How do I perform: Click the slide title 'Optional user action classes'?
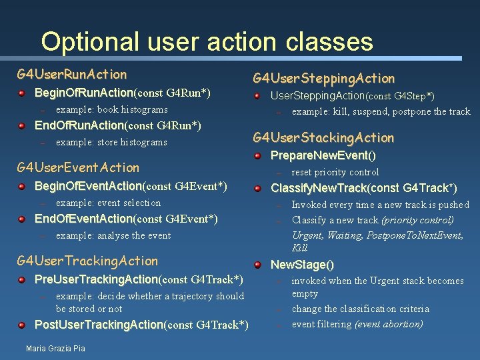pos(207,41)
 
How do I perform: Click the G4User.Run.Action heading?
pos(72,73)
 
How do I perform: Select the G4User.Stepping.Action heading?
pos(323,78)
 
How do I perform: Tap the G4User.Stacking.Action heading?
pos(323,138)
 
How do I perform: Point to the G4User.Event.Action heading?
pos(78,167)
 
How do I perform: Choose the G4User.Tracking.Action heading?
pos(87,261)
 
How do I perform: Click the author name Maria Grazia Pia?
pos(55,348)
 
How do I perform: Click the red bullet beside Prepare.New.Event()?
pos(257,156)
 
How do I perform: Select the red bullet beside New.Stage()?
pos(257,265)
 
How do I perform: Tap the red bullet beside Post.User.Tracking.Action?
pos(22,325)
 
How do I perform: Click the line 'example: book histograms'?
pos(111,109)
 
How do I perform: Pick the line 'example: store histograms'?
pos(111,142)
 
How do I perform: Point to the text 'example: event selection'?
pos(108,203)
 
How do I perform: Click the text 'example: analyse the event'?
pos(113,235)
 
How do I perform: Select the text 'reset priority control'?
pos(335,172)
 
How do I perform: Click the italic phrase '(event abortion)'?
pos(389,324)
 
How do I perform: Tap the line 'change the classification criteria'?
pos(360,309)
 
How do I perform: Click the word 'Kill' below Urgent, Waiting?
pos(300,248)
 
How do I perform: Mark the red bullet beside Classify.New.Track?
pos(257,189)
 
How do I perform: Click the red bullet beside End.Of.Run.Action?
pos(22,125)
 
